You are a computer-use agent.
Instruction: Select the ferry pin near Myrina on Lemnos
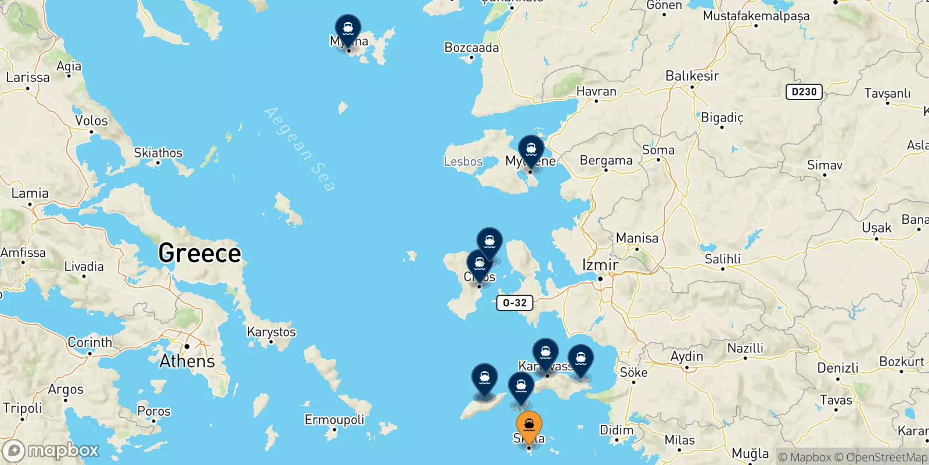(x=348, y=29)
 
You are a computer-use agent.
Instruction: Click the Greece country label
(x=199, y=253)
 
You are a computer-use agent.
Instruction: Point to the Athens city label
(x=187, y=362)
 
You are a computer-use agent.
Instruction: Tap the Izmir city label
(x=600, y=266)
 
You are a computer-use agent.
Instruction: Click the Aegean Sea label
(x=300, y=149)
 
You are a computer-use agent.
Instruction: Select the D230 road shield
(x=804, y=91)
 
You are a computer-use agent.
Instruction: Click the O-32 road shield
(x=514, y=303)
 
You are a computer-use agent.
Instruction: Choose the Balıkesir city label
(x=692, y=76)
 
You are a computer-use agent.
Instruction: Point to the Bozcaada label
(x=471, y=48)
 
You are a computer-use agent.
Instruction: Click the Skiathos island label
(x=158, y=153)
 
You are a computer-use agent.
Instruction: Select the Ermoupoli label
(x=334, y=420)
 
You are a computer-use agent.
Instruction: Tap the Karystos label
(x=271, y=332)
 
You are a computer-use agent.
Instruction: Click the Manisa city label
(x=637, y=238)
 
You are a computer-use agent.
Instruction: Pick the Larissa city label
(x=28, y=77)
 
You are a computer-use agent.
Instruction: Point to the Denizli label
(x=837, y=368)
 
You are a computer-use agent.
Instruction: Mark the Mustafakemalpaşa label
(x=756, y=16)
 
